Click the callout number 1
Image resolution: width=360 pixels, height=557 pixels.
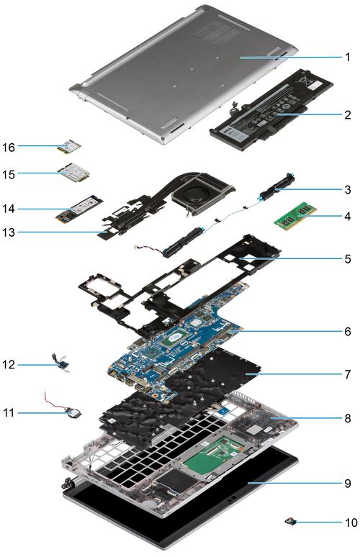347,57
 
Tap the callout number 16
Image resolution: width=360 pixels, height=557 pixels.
9,147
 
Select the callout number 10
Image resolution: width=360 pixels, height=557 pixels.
351,522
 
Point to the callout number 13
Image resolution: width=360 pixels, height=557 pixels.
9,232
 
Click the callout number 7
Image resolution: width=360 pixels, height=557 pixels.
347,374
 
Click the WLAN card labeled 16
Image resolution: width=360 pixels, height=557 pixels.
70,146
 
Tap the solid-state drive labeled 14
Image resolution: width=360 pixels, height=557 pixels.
79,209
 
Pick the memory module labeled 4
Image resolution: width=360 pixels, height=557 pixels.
295,217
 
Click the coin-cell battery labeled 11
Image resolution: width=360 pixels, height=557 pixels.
76,413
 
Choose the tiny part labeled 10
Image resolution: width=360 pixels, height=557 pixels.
291,522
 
